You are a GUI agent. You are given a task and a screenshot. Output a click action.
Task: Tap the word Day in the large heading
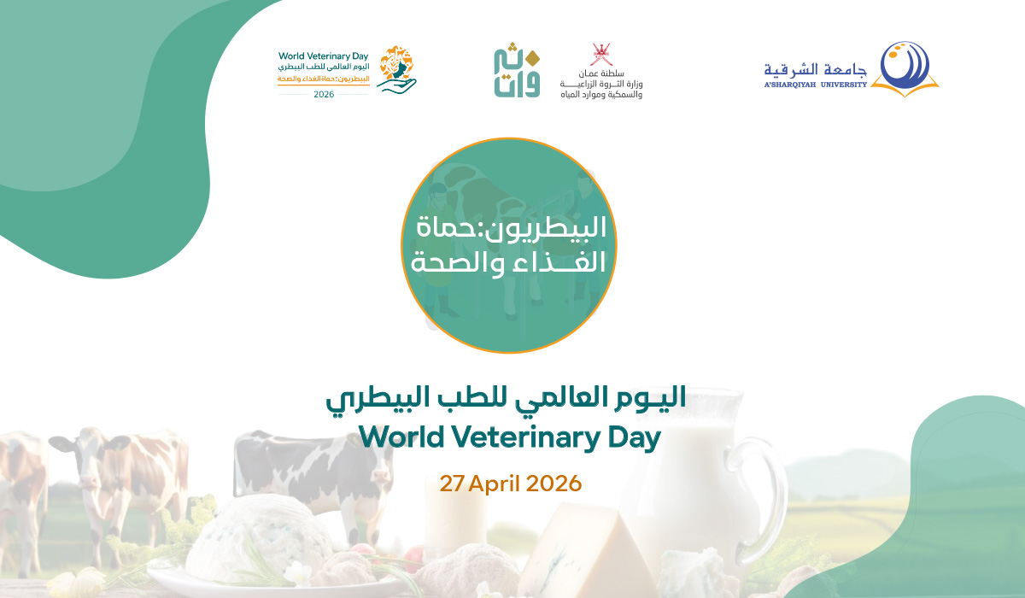(x=632, y=438)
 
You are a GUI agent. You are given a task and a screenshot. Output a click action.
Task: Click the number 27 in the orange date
(x=450, y=484)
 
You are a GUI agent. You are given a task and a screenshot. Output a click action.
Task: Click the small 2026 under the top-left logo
(x=324, y=94)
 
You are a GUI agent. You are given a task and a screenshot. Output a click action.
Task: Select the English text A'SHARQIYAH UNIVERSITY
(x=815, y=85)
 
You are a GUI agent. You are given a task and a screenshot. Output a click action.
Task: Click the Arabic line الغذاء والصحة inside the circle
(x=509, y=261)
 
